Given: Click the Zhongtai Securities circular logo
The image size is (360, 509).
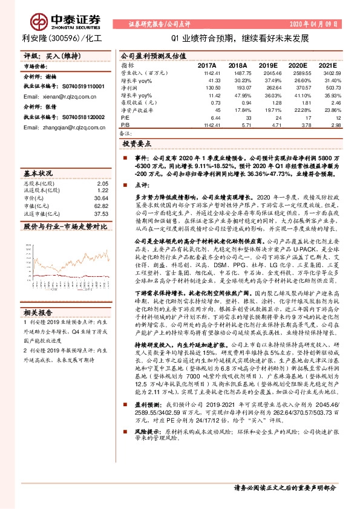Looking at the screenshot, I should pos(40,21).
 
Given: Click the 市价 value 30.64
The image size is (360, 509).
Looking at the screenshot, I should pos(101,198).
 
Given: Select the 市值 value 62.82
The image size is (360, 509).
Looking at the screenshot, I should pos(101,206).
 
